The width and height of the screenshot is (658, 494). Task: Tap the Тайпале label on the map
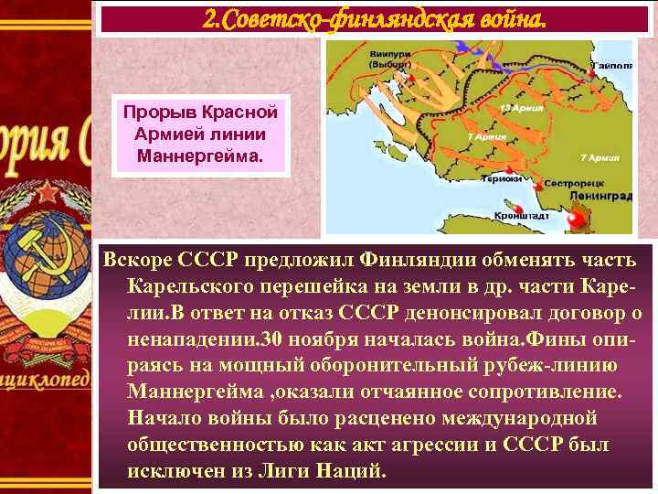pyautogui.click(x=612, y=66)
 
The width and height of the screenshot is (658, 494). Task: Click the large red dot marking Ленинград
pyautogui.click(x=576, y=220)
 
